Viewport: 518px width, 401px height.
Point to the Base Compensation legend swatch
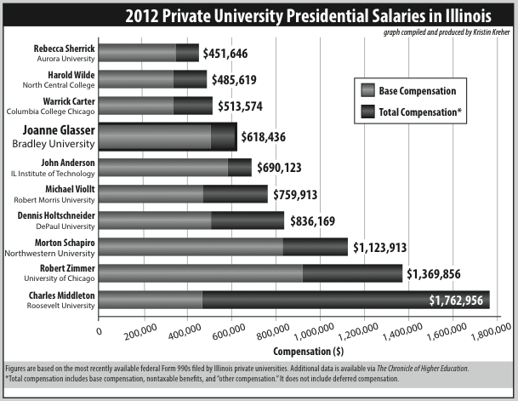[368, 90]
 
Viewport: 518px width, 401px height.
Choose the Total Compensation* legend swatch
[368, 111]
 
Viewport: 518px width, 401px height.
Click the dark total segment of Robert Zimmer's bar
[351, 273]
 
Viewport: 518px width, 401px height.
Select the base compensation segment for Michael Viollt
[151, 194]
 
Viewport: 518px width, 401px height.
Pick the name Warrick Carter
[65, 102]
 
